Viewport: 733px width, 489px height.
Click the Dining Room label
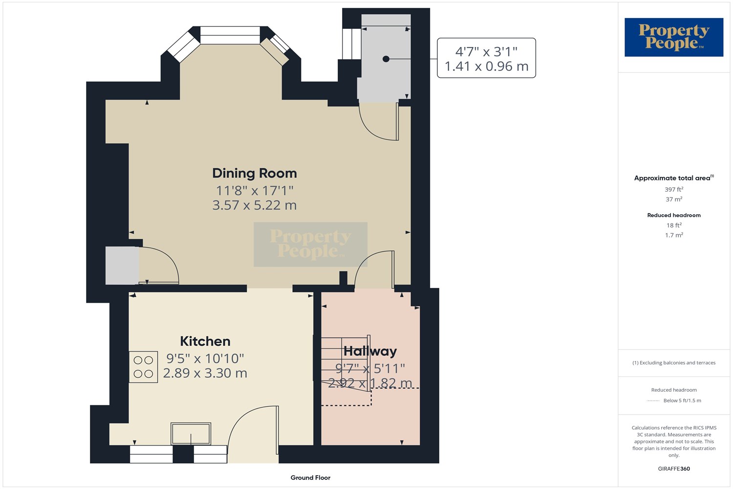coord(255,173)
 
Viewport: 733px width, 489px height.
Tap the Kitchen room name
coord(205,341)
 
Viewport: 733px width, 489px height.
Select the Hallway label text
coord(370,351)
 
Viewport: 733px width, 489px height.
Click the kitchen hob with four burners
coord(143,367)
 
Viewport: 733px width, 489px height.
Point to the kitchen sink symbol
coord(191,433)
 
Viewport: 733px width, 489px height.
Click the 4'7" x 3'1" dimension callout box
coord(486,58)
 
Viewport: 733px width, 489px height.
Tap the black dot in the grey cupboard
coord(386,59)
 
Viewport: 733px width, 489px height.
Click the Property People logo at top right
coord(674,37)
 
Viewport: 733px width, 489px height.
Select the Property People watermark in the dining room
coord(310,244)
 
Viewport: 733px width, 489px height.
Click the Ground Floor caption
coord(310,478)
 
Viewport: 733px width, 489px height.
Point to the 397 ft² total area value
coord(674,189)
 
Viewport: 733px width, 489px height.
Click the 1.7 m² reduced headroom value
coord(674,235)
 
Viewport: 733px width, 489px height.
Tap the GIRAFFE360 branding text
coord(674,468)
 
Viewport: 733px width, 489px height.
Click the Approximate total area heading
coord(674,178)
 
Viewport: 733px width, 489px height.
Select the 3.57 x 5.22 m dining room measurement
coord(255,205)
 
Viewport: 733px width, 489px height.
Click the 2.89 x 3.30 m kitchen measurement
coord(205,373)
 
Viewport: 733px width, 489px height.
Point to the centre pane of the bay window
coord(230,35)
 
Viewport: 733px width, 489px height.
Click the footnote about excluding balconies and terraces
coord(674,362)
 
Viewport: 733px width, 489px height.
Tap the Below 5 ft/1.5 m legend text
coord(682,400)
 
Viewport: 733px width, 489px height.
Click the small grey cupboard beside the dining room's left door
coord(122,266)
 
